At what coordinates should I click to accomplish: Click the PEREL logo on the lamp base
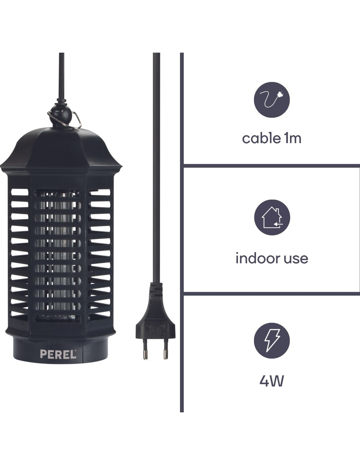[58, 354]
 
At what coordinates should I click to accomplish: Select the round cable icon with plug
[272, 99]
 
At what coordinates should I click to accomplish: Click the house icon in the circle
[272, 217]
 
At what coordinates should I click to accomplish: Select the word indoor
[255, 258]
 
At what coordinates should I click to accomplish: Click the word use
[295, 259]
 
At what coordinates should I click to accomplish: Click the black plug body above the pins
[155, 324]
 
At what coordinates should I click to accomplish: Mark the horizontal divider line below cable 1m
[272, 165]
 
